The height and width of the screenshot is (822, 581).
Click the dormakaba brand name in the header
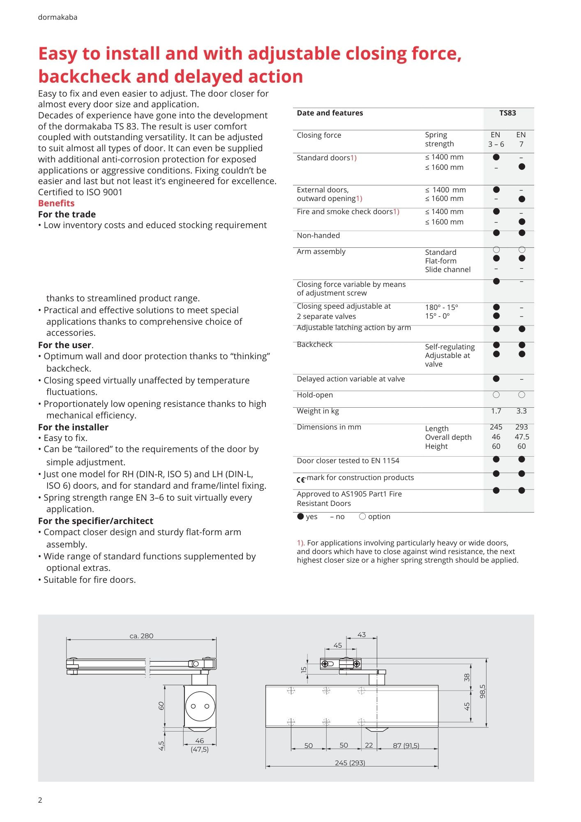[58, 17]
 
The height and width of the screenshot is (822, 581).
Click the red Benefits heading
[56, 203]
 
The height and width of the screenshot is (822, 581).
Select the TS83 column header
[507, 113]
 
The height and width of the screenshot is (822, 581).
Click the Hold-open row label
[315, 395]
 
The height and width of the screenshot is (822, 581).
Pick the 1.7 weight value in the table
[496, 411]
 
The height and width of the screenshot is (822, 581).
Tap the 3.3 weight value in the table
[521, 411]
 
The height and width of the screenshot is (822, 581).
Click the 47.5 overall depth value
[522, 437]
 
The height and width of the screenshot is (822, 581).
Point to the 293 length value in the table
[521, 427]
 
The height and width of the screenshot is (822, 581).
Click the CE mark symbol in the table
[301, 479]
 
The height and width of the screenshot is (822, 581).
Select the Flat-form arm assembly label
[440, 261]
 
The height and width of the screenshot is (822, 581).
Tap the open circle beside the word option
[362, 517]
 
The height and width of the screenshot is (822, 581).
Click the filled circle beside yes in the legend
[300, 517]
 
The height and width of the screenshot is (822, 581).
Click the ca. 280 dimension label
[141, 636]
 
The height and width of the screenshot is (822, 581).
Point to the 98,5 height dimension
[482, 691]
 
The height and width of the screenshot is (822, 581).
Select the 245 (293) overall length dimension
[350, 763]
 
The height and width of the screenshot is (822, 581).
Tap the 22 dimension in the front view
[369, 745]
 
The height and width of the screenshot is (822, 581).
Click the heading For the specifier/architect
[95, 521]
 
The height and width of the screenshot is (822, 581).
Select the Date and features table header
[330, 113]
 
